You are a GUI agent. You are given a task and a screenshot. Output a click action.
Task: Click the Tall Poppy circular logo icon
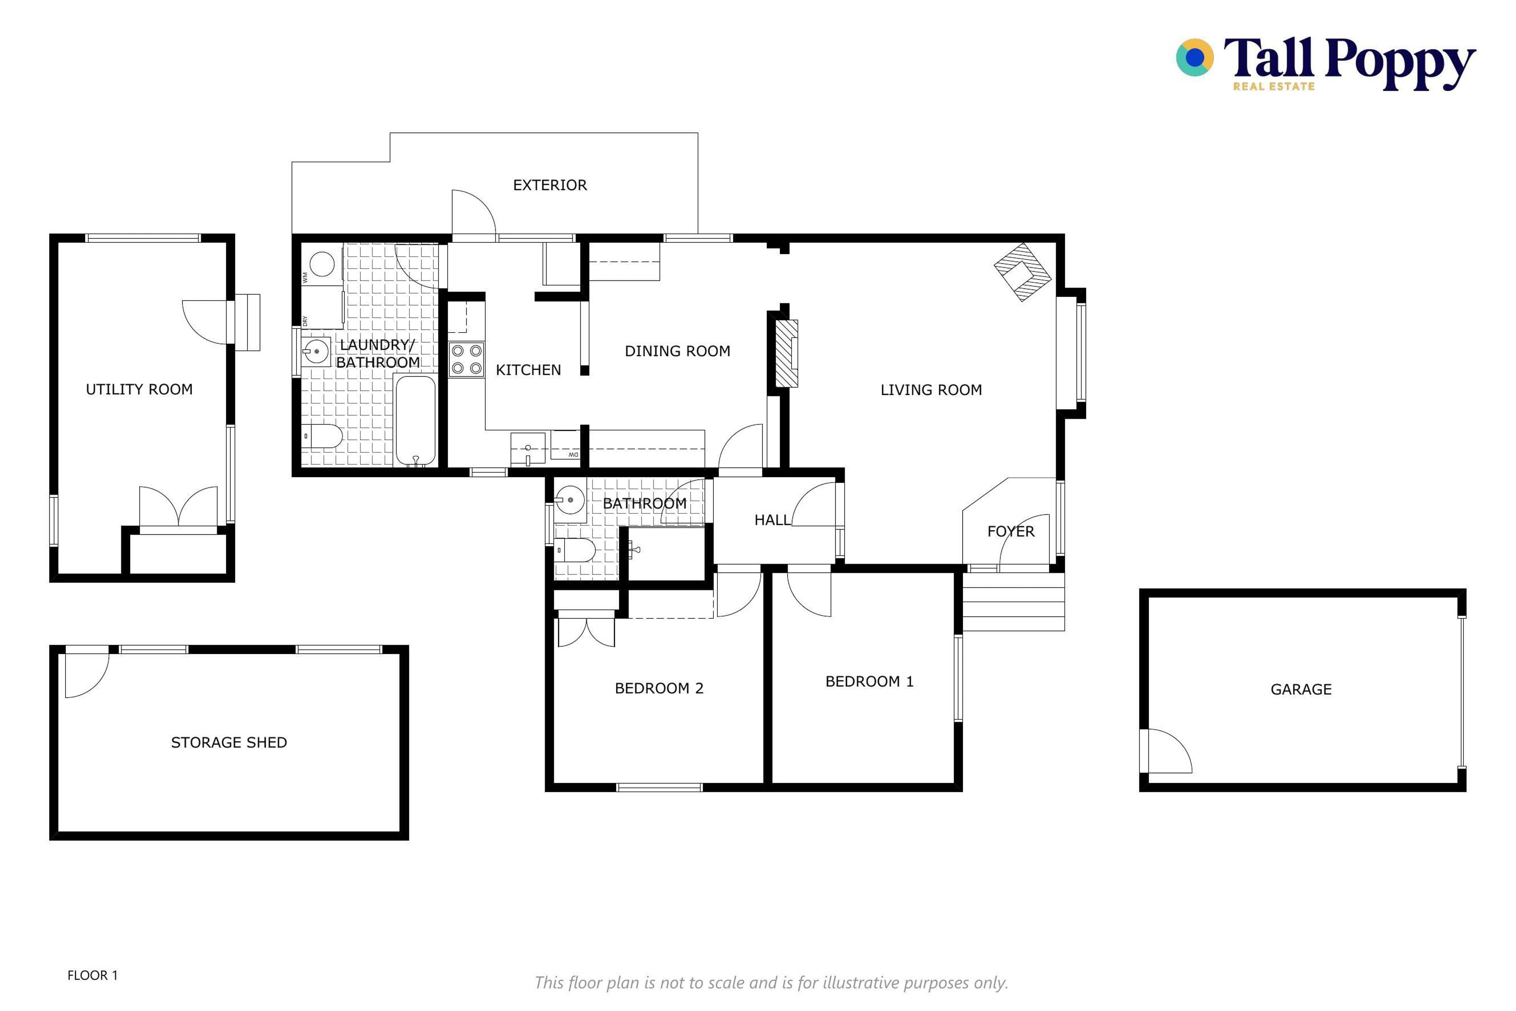[1195, 57]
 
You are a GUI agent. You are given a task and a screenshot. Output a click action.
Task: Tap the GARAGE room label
[1301, 689]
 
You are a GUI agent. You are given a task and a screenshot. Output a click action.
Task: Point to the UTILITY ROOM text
[139, 389]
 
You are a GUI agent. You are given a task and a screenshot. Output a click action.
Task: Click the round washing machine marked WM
[322, 264]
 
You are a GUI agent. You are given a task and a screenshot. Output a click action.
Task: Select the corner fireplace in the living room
[1022, 271]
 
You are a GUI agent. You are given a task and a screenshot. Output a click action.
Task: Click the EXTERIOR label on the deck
[550, 185]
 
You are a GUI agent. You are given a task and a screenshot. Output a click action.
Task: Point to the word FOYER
[1011, 531]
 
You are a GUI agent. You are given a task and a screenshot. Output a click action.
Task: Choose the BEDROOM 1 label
[869, 682]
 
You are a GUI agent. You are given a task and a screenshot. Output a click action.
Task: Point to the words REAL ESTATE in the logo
[1274, 86]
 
